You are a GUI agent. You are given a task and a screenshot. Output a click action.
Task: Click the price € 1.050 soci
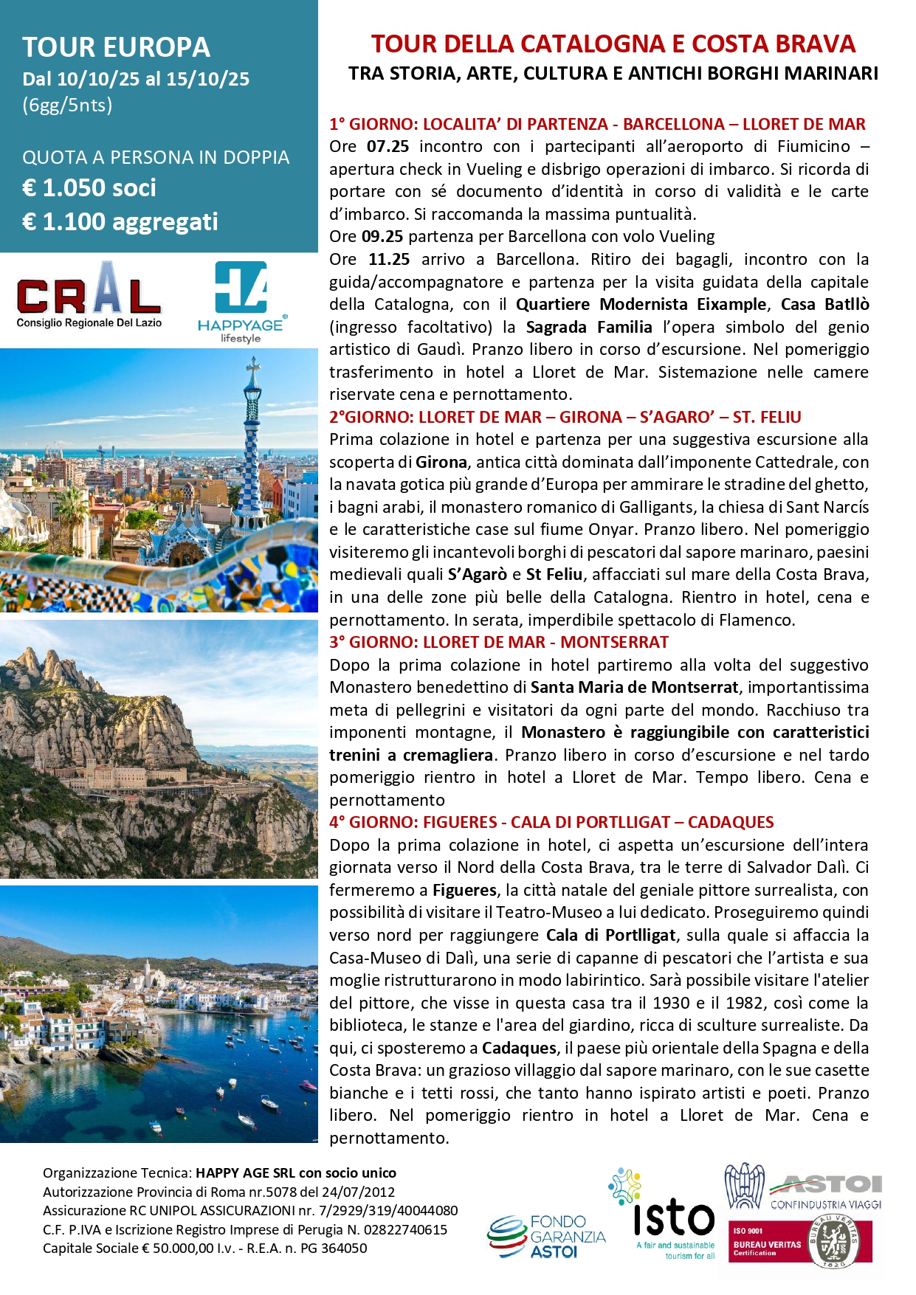tap(89, 188)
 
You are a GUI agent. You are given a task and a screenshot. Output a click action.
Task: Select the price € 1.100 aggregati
tap(120, 221)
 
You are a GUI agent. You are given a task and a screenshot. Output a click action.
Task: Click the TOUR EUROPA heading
tap(117, 47)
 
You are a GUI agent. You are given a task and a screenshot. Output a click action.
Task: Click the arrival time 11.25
tap(389, 259)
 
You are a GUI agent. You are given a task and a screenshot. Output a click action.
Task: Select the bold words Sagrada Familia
tap(589, 327)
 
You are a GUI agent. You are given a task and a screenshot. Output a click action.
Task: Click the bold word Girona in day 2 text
tap(441, 462)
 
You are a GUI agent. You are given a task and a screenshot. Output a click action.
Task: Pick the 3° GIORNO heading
tap(499, 642)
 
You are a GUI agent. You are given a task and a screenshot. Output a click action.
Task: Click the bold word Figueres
tap(464, 890)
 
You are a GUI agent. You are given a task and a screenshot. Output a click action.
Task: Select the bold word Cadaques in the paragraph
tap(519, 1048)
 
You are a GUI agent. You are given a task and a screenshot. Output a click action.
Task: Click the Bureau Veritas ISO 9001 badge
tap(800, 1243)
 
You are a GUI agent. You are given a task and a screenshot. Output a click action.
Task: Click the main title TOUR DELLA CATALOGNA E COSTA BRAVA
tap(613, 44)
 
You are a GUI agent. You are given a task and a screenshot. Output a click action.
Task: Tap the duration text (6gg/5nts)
tap(67, 105)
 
